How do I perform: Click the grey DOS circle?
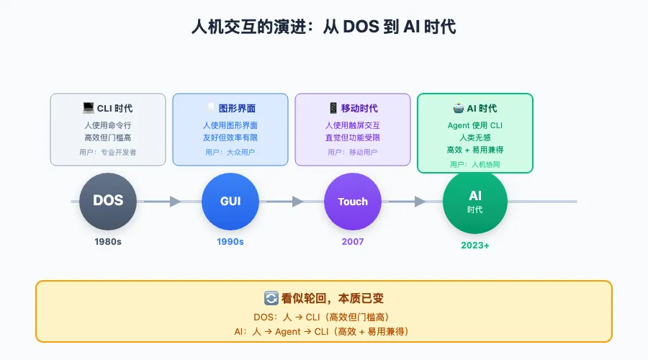[x=108, y=201]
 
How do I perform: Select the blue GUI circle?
[x=230, y=201]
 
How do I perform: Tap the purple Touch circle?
[x=353, y=201]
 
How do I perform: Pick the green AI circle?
[x=475, y=202]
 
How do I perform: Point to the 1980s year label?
[x=108, y=242]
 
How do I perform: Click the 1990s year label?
[x=230, y=242]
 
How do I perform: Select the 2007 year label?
[x=353, y=242]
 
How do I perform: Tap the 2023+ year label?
[x=475, y=246]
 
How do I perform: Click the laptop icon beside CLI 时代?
[x=88, y=108]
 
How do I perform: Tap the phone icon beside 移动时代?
[x=333, y=108]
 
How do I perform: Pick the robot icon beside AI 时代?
[x=458, y=109]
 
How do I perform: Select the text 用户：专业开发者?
[x=108, y=152]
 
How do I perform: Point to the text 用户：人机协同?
[x=475, y=164]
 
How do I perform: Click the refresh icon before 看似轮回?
[x=271, y=298]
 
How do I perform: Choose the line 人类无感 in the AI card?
[x=475, y=137]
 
